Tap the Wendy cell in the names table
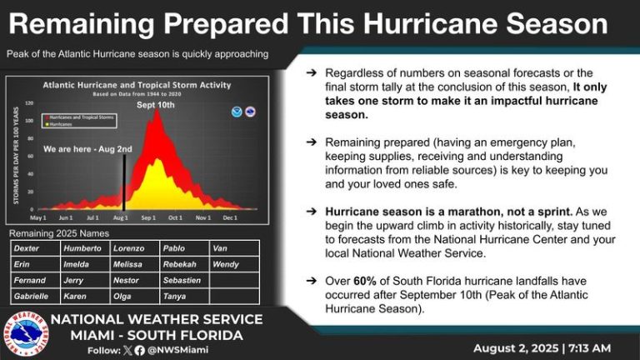click(227, 264)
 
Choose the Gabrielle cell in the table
click(31, 297)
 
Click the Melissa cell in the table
click(129, 264)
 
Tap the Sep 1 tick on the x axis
click(149, 217)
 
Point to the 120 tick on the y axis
click(30, 103)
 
